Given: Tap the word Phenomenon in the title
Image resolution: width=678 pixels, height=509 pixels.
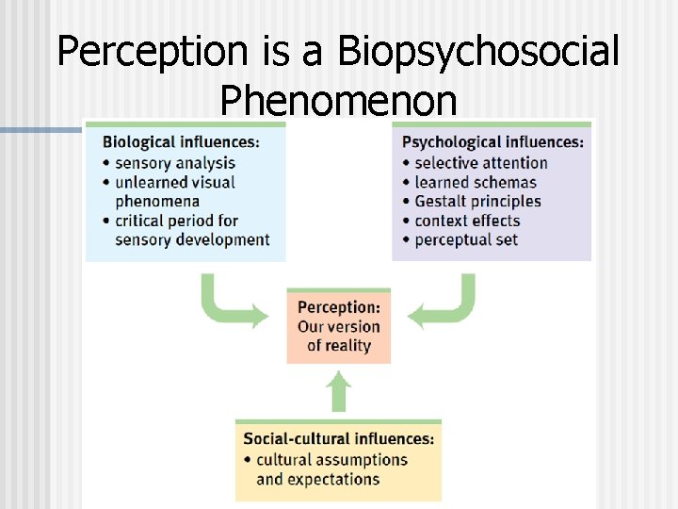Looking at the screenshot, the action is tap(338, 100).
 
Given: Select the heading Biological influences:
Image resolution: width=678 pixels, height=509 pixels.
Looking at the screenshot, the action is tap(181, 142).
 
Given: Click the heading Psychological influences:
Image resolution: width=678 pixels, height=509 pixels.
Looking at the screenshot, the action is tap(492, 142).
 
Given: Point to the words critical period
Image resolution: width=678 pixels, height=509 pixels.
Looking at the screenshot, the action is tap(163, 221).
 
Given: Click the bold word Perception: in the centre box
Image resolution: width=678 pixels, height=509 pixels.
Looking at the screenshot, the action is tap(339, 307).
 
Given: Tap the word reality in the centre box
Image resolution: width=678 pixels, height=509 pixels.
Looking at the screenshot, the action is tap(347, 345).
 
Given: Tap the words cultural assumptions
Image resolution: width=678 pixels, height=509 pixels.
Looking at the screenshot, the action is tap(331, 460).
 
